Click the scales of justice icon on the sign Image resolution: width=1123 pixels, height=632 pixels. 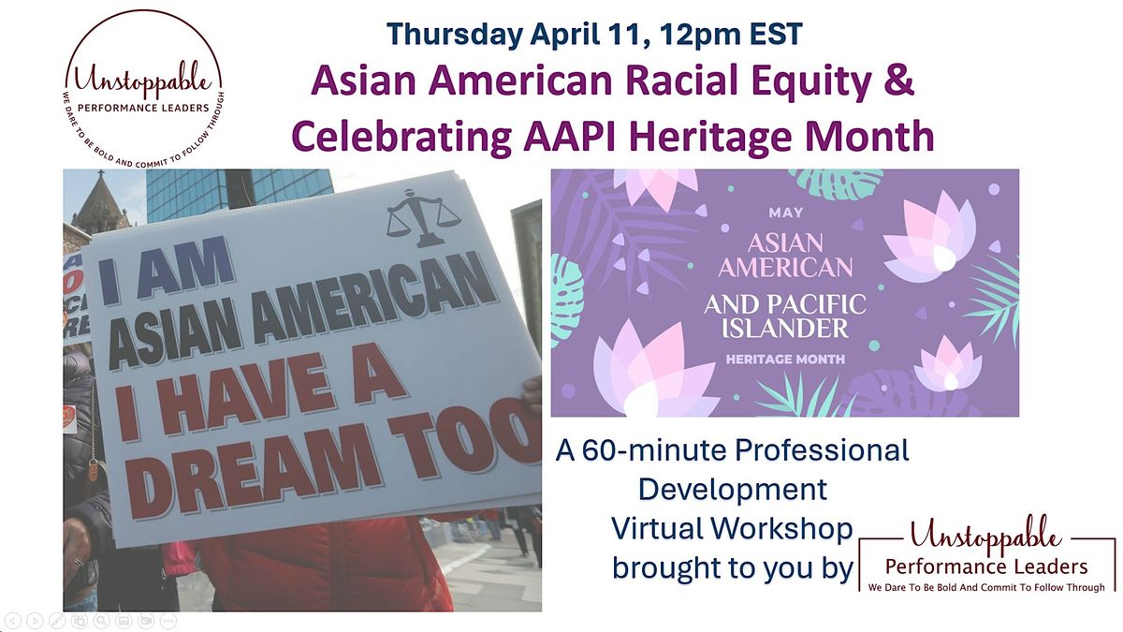click(x=424, y=216)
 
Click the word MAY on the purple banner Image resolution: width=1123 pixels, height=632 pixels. click(x=785, y=213)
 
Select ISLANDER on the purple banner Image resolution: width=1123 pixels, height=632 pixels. click(x=785, y=328)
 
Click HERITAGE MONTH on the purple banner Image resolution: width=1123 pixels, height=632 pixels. click(x=785, y=360)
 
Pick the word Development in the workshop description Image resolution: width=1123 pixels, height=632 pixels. click(x=732, y=490)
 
